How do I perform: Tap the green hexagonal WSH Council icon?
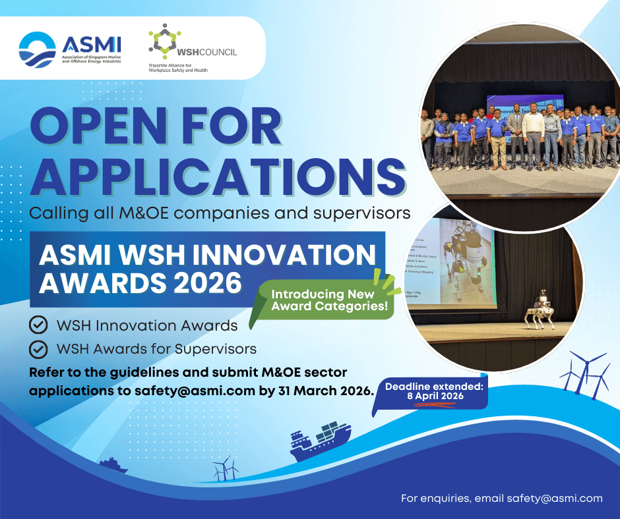(161, 41)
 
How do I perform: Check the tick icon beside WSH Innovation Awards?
(39, 325)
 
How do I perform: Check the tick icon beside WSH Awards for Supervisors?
(39, 348)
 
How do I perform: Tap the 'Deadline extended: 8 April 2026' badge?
(433, 391)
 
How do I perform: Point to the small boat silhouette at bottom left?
(113, 466)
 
